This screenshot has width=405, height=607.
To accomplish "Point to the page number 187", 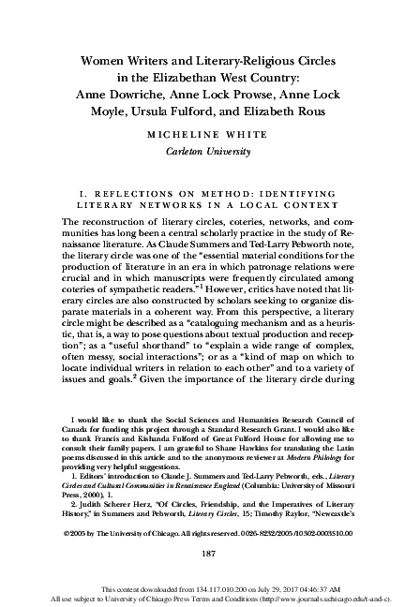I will tap(202, 554).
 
